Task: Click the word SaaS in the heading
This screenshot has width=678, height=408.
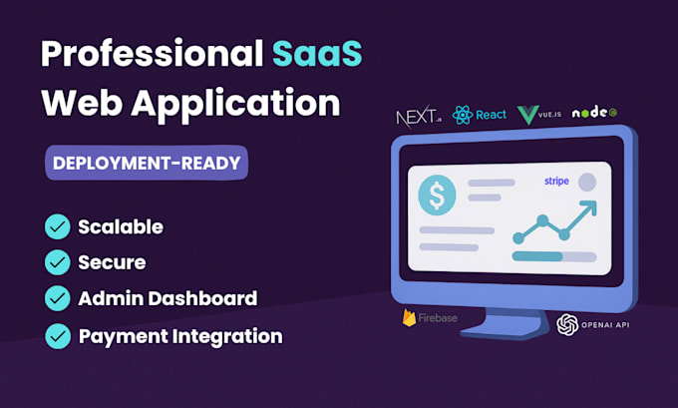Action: point(317,56)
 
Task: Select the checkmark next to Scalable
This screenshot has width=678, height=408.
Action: point(57,226)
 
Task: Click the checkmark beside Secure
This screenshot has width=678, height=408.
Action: point(57,262)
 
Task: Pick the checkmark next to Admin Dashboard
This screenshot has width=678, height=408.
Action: point(57,298)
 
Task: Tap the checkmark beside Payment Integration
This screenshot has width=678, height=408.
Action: point(57,335)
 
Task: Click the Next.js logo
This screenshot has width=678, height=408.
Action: point(417,117)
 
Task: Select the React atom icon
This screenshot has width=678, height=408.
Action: point(463,116)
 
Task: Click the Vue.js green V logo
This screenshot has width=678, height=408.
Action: point(528,115)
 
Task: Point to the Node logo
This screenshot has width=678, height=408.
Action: point(593,114)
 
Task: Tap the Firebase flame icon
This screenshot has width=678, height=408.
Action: point(409,318)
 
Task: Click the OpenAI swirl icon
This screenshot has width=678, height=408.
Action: point(567,324)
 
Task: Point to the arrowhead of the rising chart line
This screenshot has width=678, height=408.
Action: point(589,206)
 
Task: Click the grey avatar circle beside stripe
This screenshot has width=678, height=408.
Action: point(588,183)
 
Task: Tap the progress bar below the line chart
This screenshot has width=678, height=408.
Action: point(553,256)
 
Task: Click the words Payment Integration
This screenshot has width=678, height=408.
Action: point(179,335)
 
